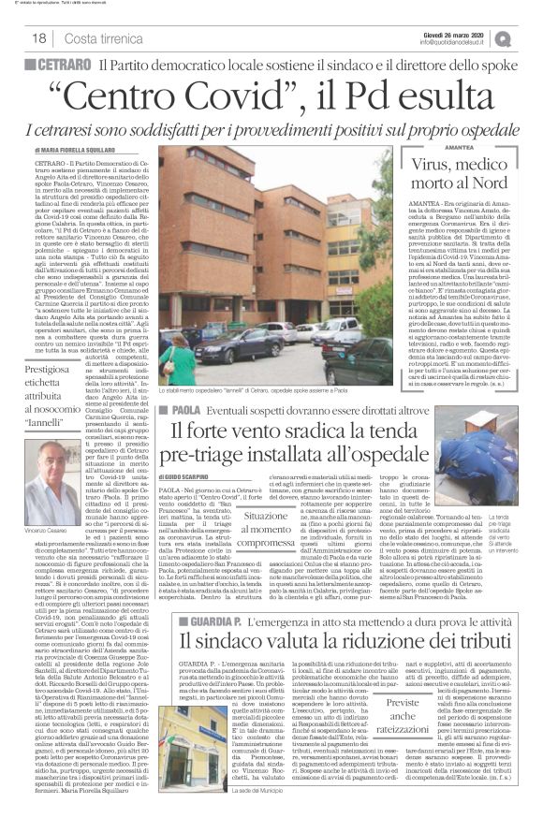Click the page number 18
tap(40, 37)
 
